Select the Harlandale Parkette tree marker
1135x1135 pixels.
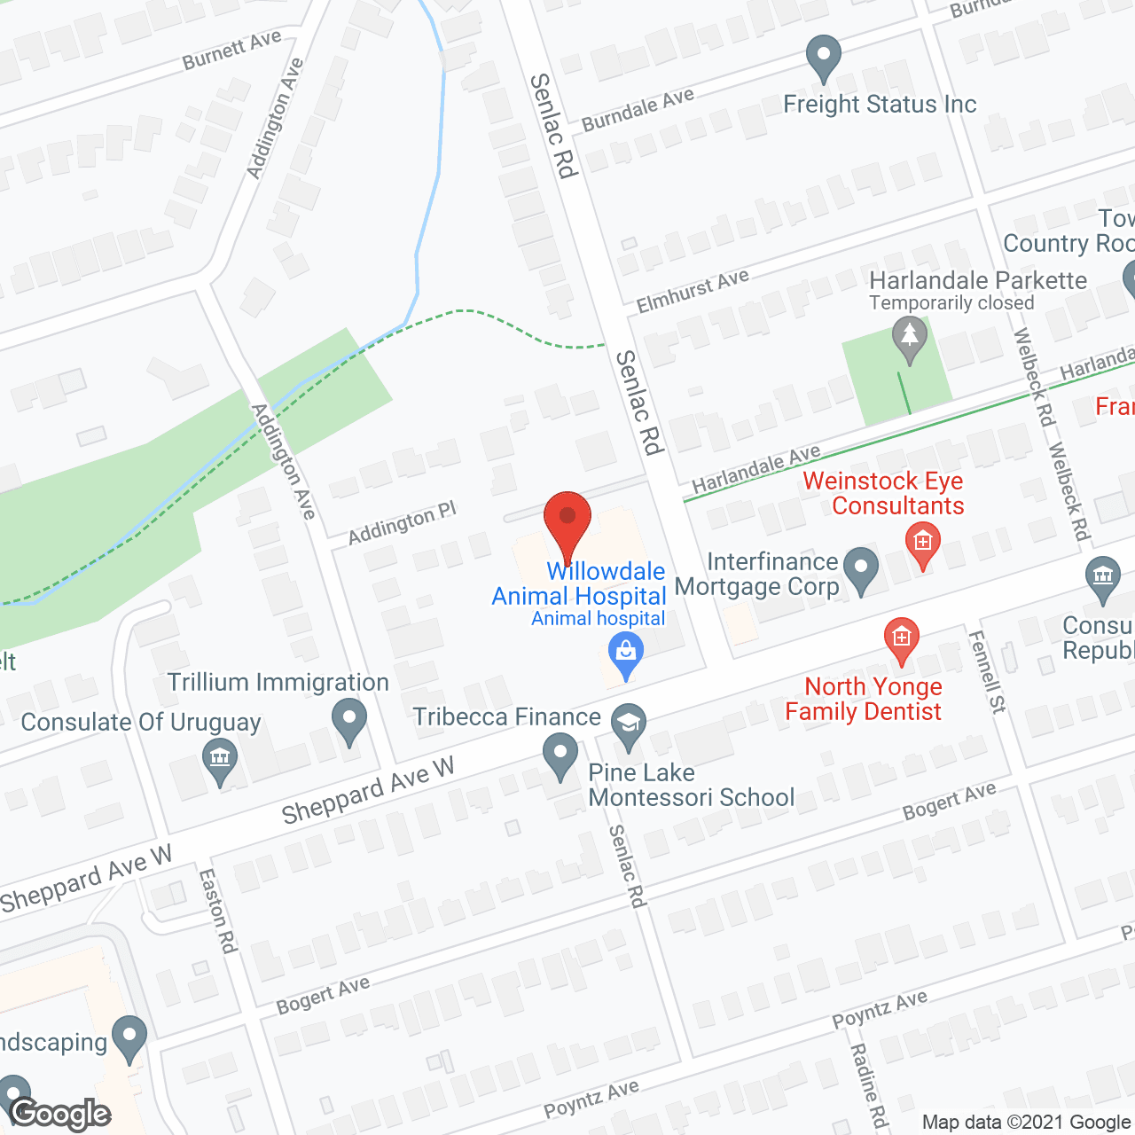click(x=909, y=338)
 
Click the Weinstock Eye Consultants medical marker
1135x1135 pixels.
click(x=923, y=544)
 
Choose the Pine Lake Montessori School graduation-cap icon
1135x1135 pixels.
click(x=628, y=725)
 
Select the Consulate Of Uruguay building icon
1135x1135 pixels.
click(x=220, y=760)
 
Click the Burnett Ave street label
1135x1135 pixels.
click(x=231, y=50)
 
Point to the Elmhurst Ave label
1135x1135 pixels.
click(x=693, y=291)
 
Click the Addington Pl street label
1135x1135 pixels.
click(x=402, y=523)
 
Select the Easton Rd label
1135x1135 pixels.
click(x=218, y=911)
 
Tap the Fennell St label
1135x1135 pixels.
click(x=987, y=671)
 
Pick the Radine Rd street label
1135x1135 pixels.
click(x=869, y=1084)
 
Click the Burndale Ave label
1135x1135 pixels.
click(x=638, y=110)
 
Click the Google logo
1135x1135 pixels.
click(x=60, y=1114)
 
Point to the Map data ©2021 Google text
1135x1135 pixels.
click(x=1026, y=1123)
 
